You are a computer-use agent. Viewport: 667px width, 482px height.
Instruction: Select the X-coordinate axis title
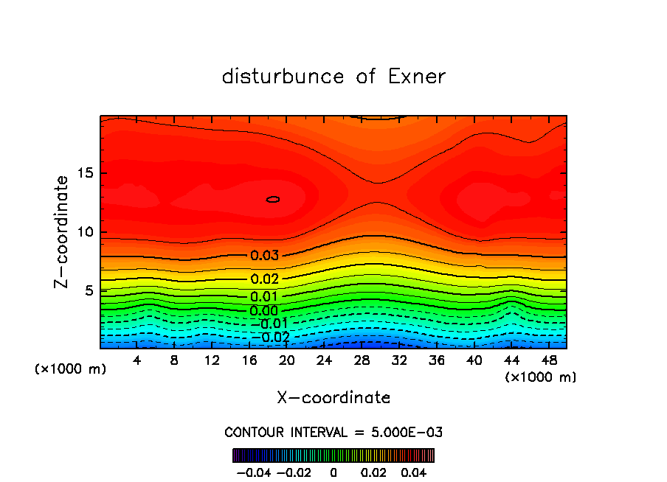333,397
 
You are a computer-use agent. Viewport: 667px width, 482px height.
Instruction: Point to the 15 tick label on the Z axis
85,173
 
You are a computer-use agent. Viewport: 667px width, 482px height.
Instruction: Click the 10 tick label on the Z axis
85,231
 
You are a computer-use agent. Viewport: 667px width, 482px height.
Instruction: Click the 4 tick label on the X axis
137,360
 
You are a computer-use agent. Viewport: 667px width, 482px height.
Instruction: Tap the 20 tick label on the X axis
287,360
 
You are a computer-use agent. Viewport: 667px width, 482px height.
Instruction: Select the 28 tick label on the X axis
362,360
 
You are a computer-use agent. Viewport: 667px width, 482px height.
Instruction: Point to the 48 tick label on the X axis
549,360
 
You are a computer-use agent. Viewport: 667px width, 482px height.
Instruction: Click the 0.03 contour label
264,256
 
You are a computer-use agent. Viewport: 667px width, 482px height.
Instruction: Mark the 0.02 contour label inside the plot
264,279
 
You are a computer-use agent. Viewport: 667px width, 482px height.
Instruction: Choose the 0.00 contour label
264,310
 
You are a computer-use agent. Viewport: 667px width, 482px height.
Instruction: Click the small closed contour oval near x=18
273,199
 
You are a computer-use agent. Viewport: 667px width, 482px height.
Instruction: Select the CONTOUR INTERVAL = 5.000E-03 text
333,432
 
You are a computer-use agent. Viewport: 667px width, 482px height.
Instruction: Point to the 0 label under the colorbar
333,471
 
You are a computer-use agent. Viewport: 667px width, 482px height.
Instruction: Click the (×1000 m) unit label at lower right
540,377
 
